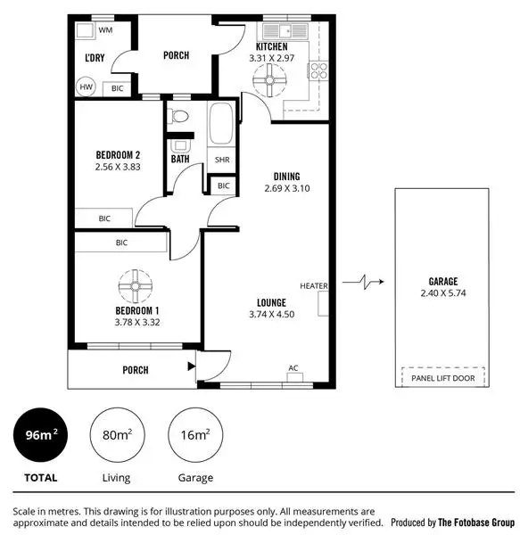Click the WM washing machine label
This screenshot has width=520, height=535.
(x=105, y=30)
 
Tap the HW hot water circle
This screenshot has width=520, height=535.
(x=87, y=87)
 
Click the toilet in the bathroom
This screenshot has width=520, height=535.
(x=179, y=115)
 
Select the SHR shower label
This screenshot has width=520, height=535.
(x=222, y=160)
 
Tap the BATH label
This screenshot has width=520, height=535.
(x=180, y=160)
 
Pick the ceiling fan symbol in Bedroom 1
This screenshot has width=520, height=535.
(x=135, y=287)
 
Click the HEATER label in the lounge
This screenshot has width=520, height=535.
(x=313, y=286)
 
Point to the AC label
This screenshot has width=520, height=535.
(x=293, y=367)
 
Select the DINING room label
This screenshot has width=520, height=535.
(x=286, y=177)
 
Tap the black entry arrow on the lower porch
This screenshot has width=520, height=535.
(x=190, y=366)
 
